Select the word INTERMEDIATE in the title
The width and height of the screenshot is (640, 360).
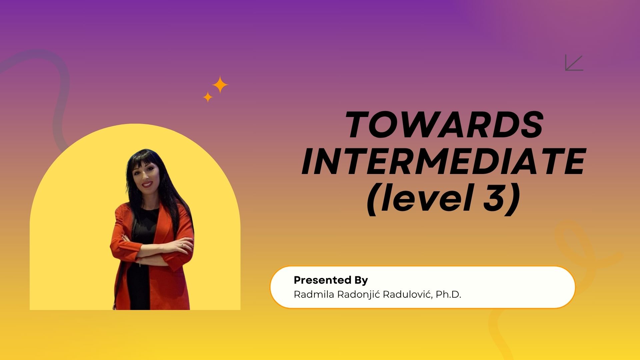[x=443, y=161]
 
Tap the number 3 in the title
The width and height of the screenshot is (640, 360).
[x=494, y=197]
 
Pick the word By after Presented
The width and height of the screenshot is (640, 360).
[x=361, y=280]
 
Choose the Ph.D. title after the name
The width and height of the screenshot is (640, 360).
[x=448, y=295]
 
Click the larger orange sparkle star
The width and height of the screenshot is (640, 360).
[x=220, y=85]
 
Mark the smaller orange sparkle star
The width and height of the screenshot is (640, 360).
[x=208, y=97]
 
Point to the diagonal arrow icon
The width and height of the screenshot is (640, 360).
[x=574, y=63]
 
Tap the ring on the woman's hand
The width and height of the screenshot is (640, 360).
[x=182, y=245]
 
